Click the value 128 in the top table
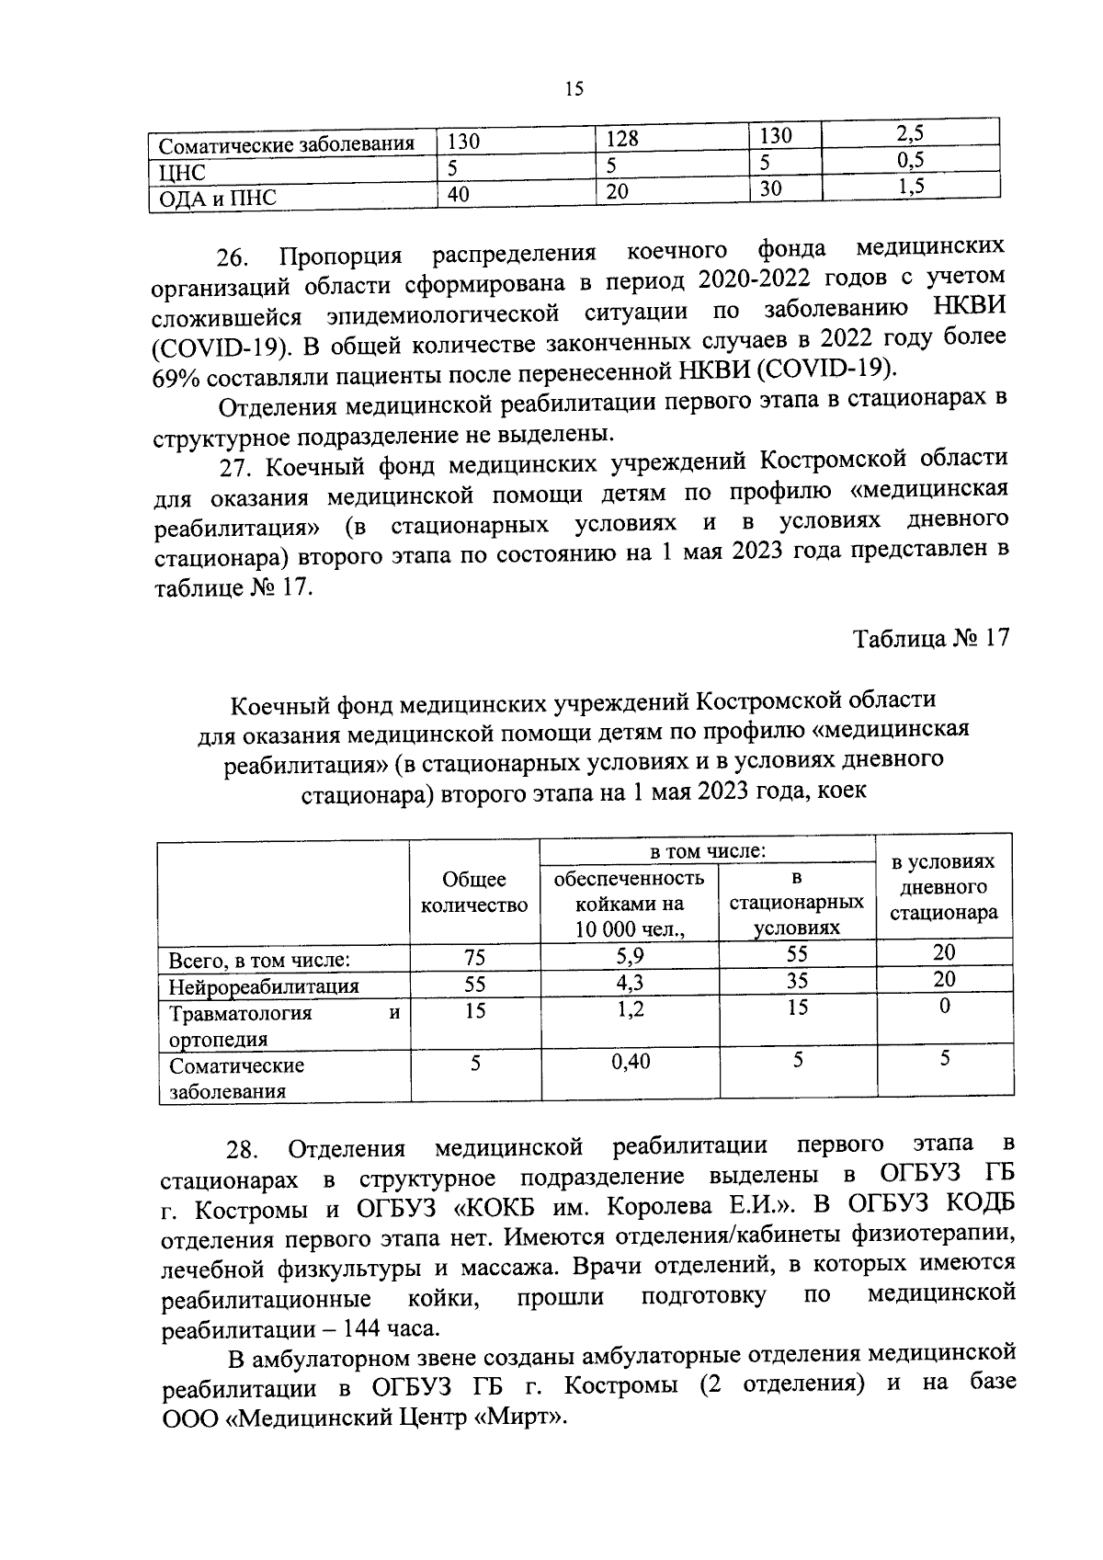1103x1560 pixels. point(622,139)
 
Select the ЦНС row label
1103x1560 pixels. point(182,172)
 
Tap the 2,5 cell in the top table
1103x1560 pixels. point(909,133)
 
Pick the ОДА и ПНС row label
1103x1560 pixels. point(218,198)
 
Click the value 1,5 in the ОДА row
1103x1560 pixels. point(909,186)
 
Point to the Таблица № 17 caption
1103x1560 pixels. point(931,638)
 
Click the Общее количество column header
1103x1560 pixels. point(474,893)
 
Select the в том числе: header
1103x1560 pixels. point(708,851)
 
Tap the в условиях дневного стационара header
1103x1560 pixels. point(944,887)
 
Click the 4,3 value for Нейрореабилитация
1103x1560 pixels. point(630,982)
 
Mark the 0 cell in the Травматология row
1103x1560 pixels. point(944,1007)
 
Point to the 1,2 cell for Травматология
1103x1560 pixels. point(630,1008)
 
